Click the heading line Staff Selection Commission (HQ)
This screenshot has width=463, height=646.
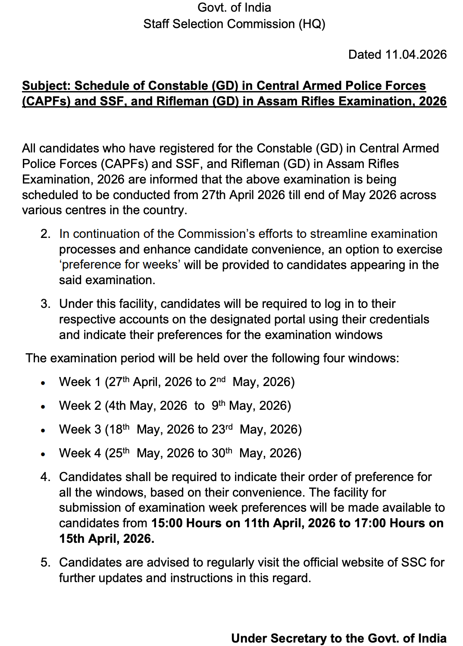(x=234, y=24)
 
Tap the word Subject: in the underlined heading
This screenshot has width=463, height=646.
(x=46, y=86)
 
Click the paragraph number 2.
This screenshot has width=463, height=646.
(x=45, y=234)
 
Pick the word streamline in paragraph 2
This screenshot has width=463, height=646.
(x=338, y=234)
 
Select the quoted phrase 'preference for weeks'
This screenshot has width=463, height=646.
(x=119, y=265)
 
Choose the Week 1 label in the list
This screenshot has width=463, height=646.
(x=80, y=382)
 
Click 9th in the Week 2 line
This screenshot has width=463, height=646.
(x=218, y=405)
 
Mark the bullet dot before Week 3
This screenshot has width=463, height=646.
(x=43, y=431)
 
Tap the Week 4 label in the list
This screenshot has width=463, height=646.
(x=80, y=453)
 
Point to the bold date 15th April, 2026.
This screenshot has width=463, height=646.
(x=106, y=539)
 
